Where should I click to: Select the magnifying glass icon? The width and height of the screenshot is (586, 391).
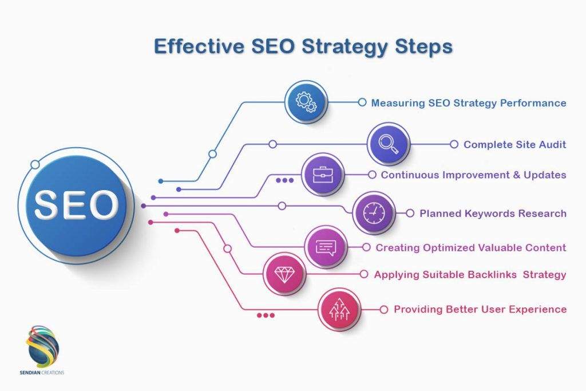(389, 144)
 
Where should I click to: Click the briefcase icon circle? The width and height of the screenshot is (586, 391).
(322, 175)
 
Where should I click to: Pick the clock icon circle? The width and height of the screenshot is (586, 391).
(373, 213)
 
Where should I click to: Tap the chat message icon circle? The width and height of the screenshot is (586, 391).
(326, 247)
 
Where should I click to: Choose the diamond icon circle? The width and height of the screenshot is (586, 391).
(284, 274)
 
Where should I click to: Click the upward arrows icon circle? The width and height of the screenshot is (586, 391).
(339, 309)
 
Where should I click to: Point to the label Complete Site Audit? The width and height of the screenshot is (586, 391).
(514, 145)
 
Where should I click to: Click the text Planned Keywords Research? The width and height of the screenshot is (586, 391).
(493, 214)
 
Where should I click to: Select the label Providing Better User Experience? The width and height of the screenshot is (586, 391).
(480, 309)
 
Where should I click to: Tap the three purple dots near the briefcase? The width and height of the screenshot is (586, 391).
(284, 180)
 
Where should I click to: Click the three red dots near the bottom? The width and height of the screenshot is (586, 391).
(266, 315)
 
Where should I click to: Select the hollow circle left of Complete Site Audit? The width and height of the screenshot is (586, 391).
(454, 145)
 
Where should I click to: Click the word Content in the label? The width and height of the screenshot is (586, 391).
(541, 248)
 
